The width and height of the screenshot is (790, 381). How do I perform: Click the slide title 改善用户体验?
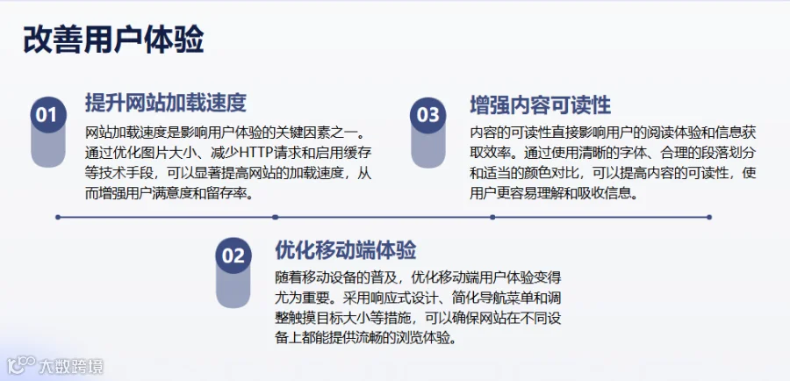pyautogui.click(x=113, y=40)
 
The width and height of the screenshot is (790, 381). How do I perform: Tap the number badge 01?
pyautogui.click(x=48, y=115)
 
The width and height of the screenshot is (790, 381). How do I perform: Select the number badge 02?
pyautogui.click(x=233, y=255)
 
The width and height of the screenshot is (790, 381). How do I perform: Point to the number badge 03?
pyautogui.click(x=427, y=115)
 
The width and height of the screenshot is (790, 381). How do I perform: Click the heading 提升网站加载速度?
pyautogui.click(x=166, y=103)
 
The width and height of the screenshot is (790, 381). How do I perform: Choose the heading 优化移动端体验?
pyautogui.click(x=346, y=249)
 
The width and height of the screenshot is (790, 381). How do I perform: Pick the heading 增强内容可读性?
pyautogui.click(x=540, y=105)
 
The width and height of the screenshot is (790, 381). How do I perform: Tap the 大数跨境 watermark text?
pyautogui.click(x=71, y=366)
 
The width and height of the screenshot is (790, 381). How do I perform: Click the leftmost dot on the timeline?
pyautogui.click(x=58, y=217)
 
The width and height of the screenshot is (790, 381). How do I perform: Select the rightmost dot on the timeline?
pyautogui.click(x=709, y=217)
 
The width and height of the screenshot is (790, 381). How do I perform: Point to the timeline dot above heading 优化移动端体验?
pyautogui.click(x=275, y=217)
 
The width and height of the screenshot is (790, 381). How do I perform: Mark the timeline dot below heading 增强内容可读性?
pyautogui.click(x=492, y=217)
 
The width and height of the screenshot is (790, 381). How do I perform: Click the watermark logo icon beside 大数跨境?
pyautogui.click(x=21, y=365)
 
